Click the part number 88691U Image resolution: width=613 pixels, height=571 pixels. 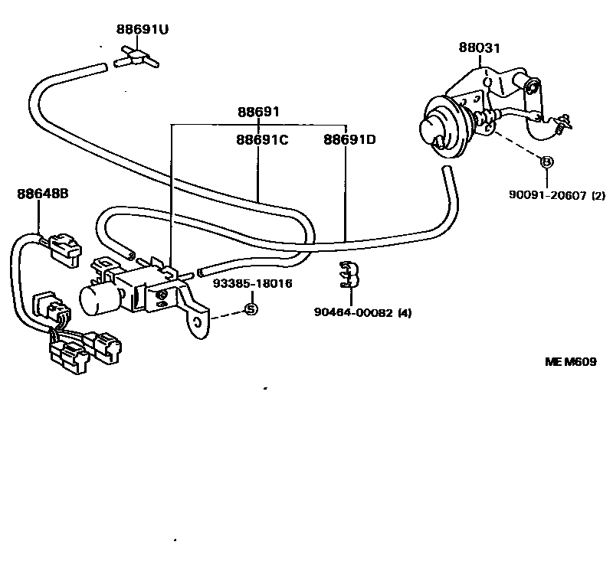click(143, 30)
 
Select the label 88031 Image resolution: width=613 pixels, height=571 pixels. click(480, 48)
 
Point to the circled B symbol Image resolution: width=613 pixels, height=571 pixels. click(546, 162)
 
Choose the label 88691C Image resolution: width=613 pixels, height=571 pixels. click(261, 140)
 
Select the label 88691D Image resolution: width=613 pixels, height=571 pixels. click(349, 140)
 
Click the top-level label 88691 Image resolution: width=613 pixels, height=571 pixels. click(257, 113)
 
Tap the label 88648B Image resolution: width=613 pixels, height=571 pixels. click(43, 194)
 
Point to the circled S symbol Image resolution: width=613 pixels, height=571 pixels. click(251, 309)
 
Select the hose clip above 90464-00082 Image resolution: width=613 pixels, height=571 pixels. click(349, 273)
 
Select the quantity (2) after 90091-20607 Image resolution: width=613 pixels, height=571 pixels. click(598, 195)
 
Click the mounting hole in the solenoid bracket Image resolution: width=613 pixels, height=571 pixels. click(198, 321)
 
